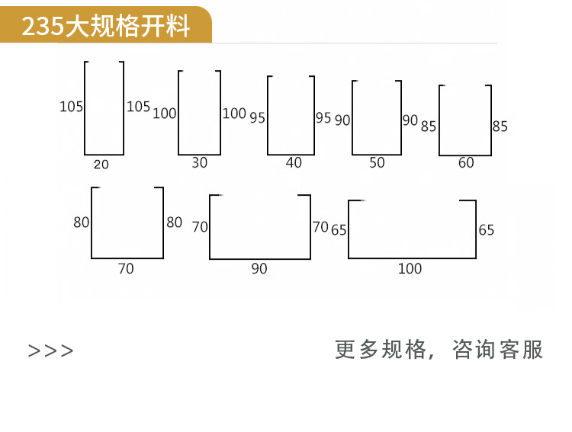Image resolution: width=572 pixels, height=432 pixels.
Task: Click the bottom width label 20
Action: pyautogui.click(x=101, y=165)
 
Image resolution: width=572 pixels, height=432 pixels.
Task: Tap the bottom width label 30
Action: pyautogui.click(x=199, y=163)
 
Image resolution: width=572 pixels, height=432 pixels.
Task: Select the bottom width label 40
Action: pyautogui.click(x=294, y=162)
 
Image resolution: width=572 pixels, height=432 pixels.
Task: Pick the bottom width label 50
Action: pyautogui.click(x=377, y=163)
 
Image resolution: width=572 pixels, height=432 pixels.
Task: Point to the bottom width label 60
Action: pyautogui.click(x=466, y=163)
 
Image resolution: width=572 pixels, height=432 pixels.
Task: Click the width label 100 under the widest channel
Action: pyautogui.click(x=410, y=268)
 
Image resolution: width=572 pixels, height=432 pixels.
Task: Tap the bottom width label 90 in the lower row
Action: pyautogui.click(x=259, y=269)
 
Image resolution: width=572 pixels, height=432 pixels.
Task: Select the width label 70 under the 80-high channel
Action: pyautogui.click(x=126, y=269)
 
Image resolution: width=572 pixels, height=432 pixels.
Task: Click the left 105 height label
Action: pyautogui.click(x=72, y=107)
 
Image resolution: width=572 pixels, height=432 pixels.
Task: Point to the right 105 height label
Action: pyautogui.click(x=138, y=107)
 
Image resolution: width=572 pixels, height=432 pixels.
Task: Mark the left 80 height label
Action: pyautogui.click(x=82, y=222)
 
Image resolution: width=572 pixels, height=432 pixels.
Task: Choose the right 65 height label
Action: pyautogui.click(x=486, y=230)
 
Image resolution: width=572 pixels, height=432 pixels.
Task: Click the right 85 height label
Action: pyautogui.click(x=500, y=126)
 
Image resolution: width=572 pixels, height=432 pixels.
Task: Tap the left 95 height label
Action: pyautogui.click(x=257, y=118)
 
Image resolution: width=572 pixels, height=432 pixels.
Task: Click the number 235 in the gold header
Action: pyautogui.click(x=43, y=27)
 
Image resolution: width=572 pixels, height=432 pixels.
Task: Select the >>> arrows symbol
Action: pyautogui.click(x=51, y=350)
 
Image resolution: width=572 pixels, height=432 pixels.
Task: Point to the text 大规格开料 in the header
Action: pyautogui.click(x=128, y=27)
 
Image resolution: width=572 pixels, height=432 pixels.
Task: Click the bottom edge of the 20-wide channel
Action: pyautogui.click(x=104, y=154)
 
